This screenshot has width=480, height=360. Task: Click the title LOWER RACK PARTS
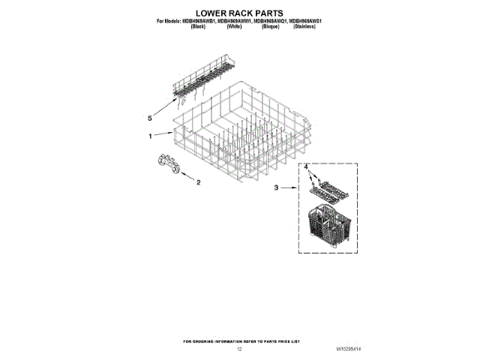(240, 13)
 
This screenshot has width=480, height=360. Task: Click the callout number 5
(150, 118)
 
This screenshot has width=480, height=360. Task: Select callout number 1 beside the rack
(151, 136)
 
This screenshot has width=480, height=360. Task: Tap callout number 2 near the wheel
(198, 182)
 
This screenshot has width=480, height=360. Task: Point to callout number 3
(275, 189)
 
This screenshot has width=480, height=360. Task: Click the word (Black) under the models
(199, 26)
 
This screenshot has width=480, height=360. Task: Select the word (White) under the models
(233, 26)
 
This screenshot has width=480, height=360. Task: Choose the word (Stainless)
(304, 26)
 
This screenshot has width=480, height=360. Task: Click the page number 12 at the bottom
(240, 349)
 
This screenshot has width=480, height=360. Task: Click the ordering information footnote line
(240, 340)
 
